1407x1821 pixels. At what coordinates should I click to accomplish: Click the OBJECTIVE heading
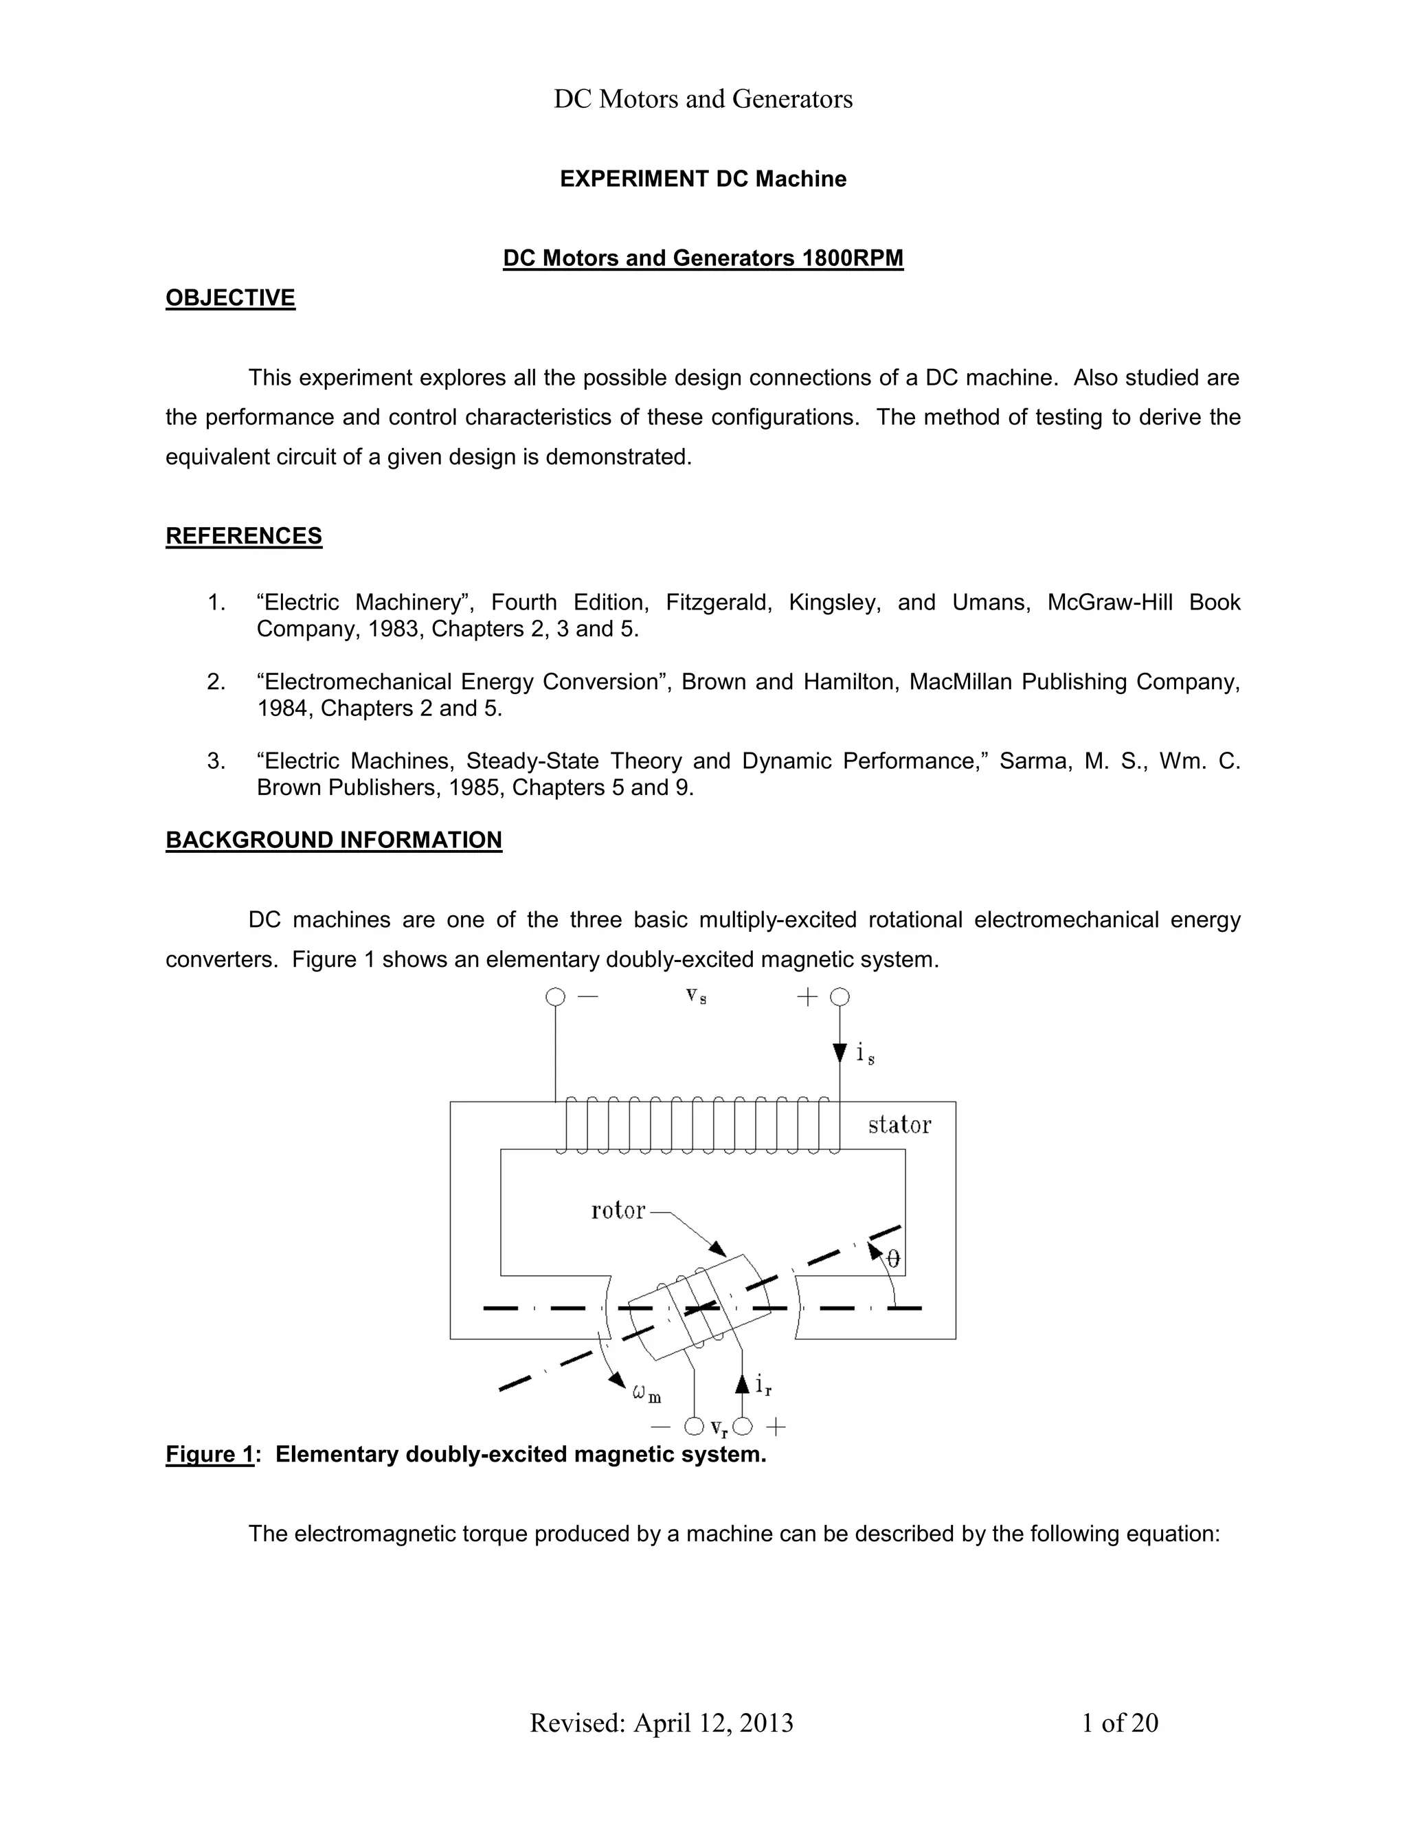(230, 298)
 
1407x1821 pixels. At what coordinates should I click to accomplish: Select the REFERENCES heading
(243, 536)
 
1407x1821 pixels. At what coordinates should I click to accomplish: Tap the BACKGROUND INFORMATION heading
(333, 840)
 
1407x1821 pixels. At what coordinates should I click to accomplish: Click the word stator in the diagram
(899, 1126)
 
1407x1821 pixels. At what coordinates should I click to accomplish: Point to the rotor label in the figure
(618, 1211)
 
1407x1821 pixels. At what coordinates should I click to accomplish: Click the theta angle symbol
(892, 1258)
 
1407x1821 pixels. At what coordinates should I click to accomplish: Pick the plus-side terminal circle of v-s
(840, 997)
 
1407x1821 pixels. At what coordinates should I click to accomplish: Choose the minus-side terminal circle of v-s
(555, 997)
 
